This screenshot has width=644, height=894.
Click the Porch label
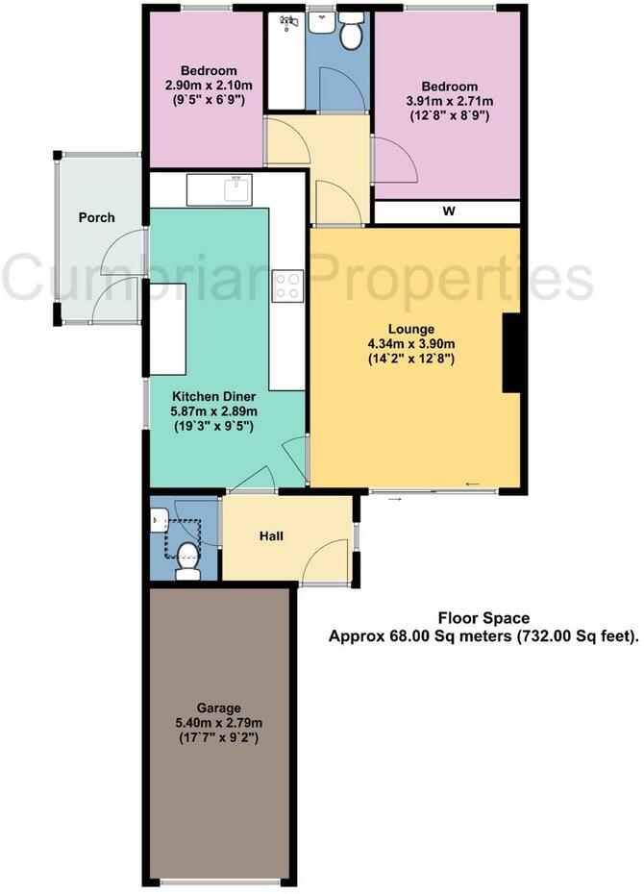tap(97, 217)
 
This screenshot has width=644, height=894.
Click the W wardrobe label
tap(448, 212)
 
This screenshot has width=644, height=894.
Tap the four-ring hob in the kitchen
tap(287, 284)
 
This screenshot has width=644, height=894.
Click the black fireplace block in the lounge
tap(513, 354)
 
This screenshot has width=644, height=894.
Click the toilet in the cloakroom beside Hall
tap(187, 565)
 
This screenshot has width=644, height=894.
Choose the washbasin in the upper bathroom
tap(321, 21)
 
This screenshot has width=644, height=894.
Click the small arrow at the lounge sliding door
tap(471, 483)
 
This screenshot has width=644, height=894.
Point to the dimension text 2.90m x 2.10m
tap(209, 86)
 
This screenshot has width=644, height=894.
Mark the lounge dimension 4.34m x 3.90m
tap(411, 343)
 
